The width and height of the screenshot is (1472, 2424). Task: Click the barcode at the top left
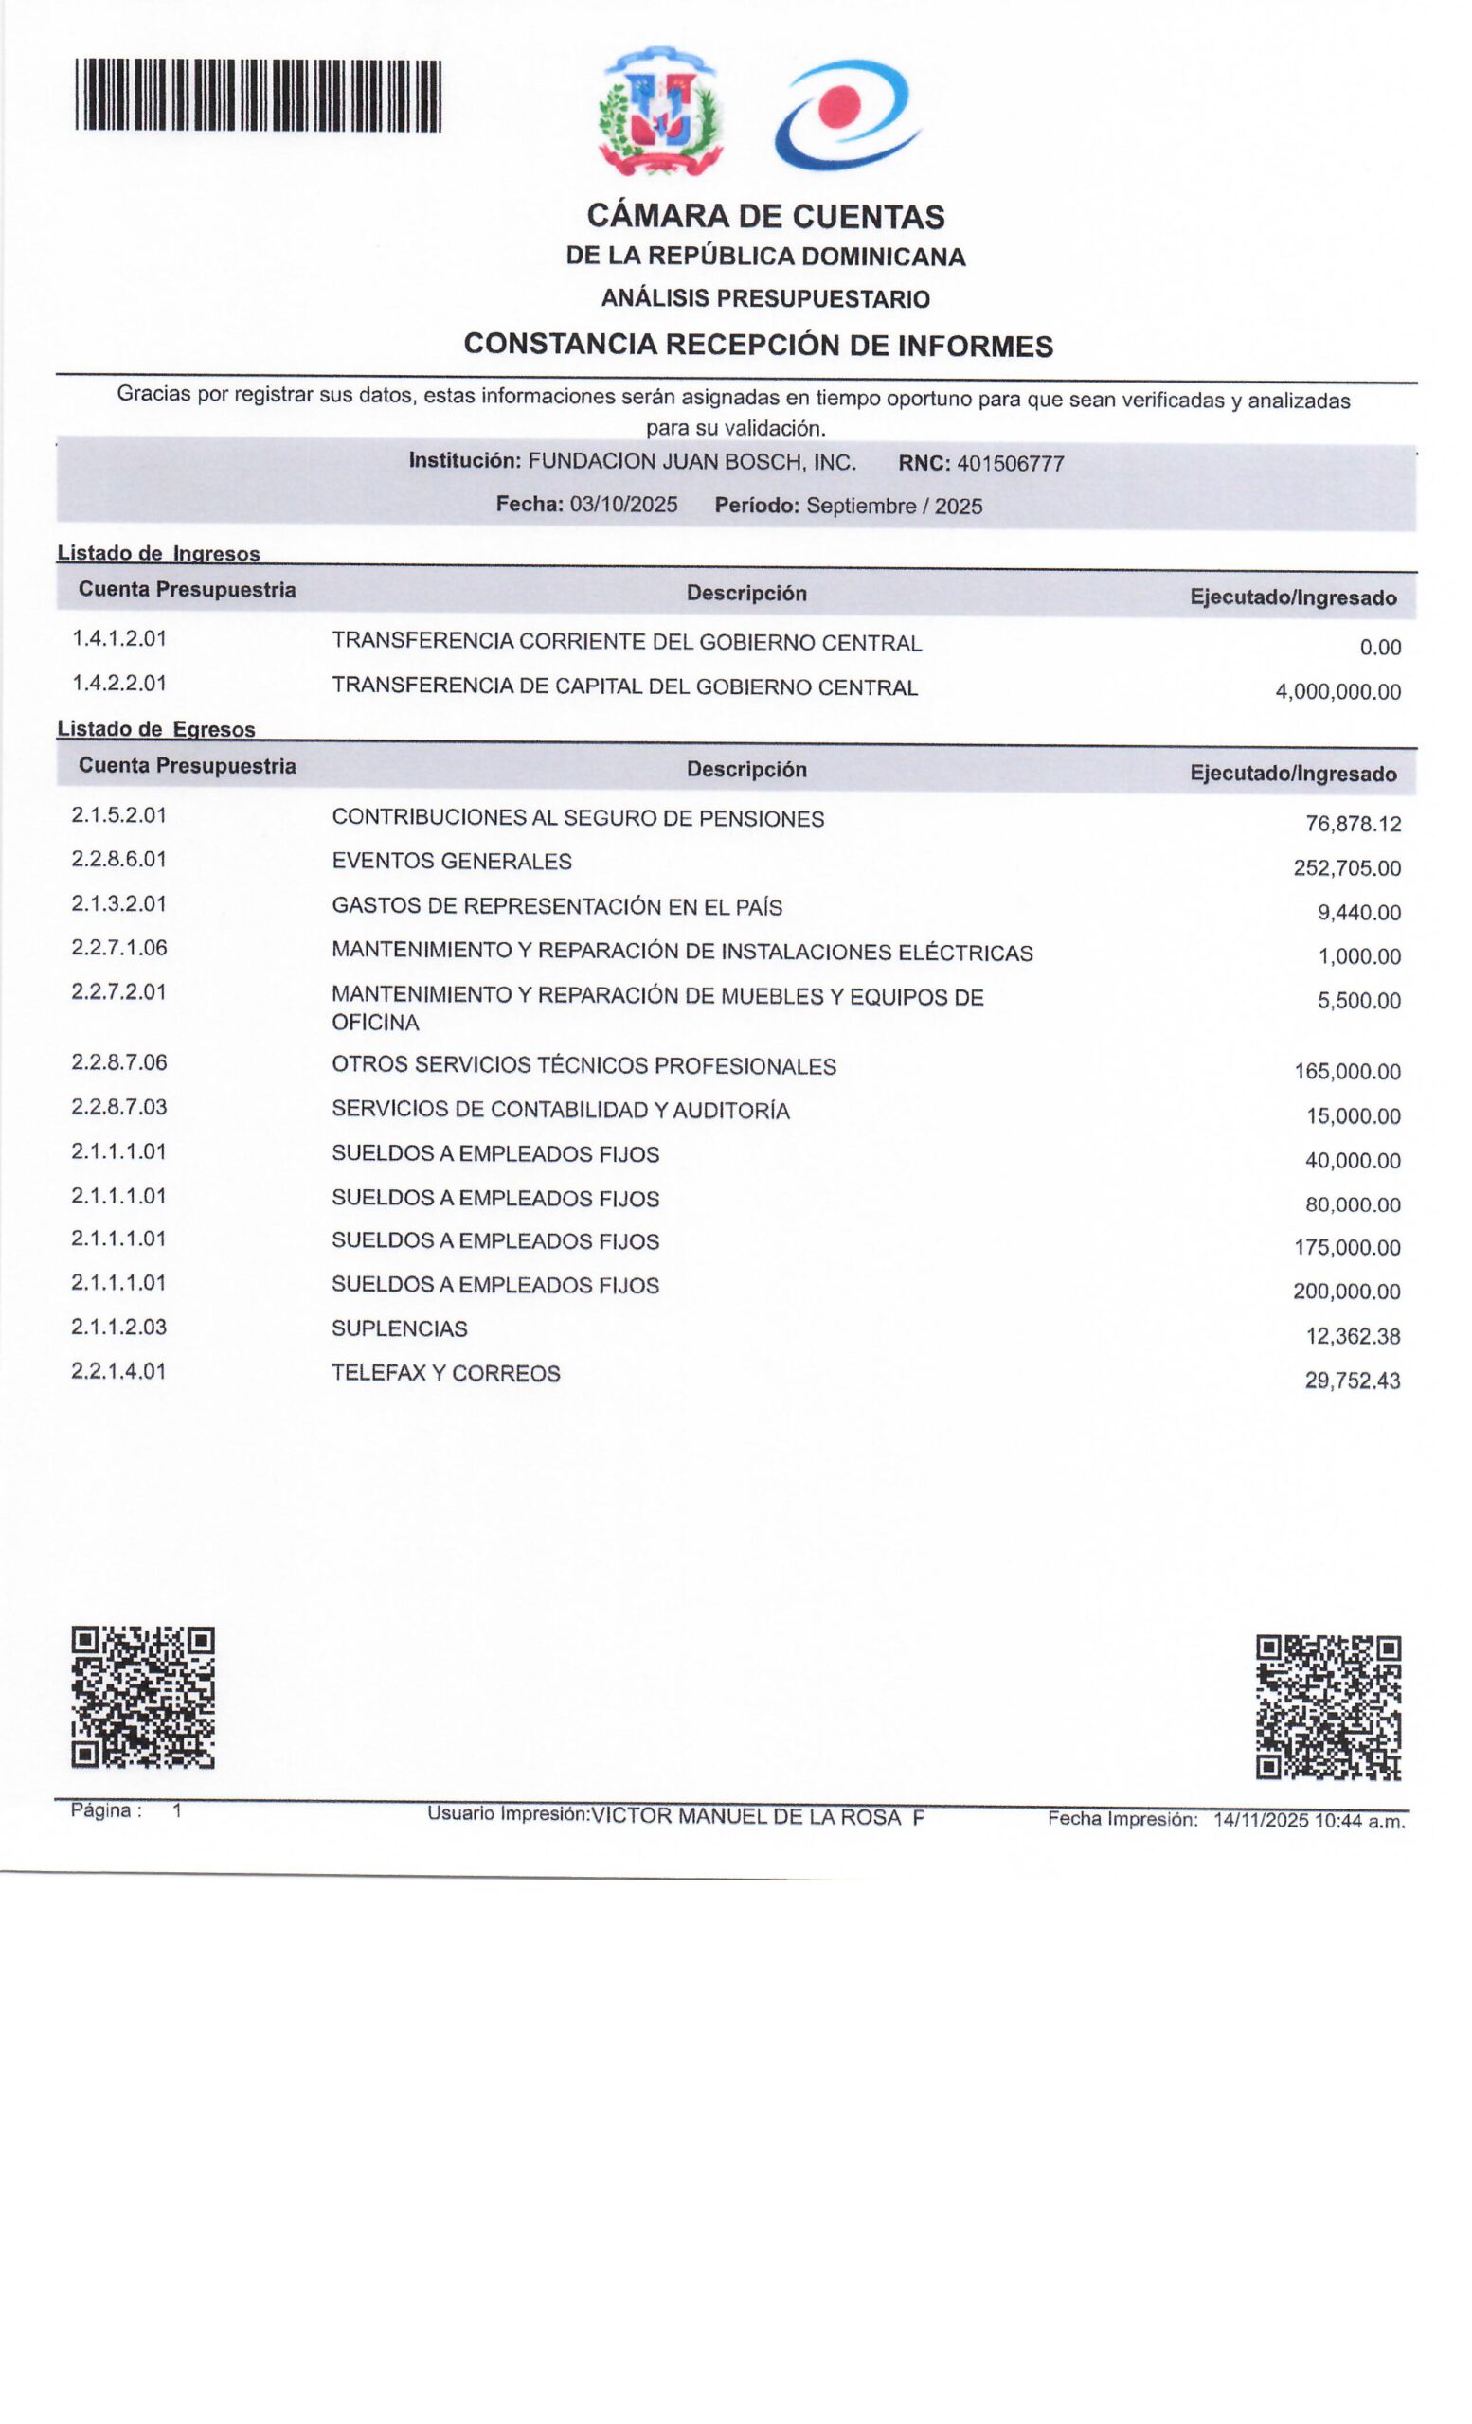pyautogui.click(x=258, y=96)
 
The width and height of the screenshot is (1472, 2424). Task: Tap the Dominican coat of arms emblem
pyautogui.click(x=660, y=111)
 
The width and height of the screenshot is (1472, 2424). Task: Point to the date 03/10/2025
pyautogui.click(x=624, y=505)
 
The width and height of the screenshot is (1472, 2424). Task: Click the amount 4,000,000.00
pyautogui.click(x=1337, y=691)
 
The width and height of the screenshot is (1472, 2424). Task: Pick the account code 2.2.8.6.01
pyautogui.click(x=119, y=859)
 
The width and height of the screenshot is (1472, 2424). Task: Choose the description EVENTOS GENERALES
pyautogui.click(x=452, y=862)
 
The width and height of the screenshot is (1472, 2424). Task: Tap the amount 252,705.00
pyautogui.click(x=1346, y=867)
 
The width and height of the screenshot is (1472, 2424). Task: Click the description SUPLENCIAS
pyautogui.click(x=400, y=1329)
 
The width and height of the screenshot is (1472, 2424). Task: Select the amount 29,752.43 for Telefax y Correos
pyautogui.click(x=1352, y=1381)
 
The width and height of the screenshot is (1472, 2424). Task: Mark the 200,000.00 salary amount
pyautogui.click(x=1346, y=1292)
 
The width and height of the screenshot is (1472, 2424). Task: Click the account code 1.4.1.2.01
pyautogui.click(x=119, y=638)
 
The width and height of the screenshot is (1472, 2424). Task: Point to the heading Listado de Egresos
pyautogui.click(x=156, y=729)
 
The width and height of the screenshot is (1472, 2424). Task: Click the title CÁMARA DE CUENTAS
pyautogui.click(x=765, y=217)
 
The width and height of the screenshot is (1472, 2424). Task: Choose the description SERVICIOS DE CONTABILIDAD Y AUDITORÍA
pyautogui.click(x=560, y=1111)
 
